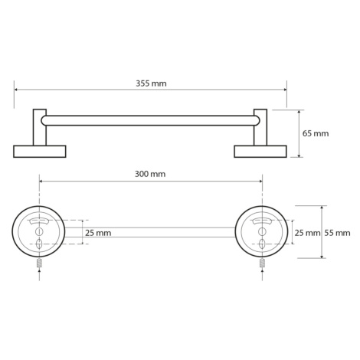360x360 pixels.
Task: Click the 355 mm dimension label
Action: [x=151, y=83]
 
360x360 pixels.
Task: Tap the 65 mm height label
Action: [x=316, y=133]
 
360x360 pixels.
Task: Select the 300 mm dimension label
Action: [x=150, y=174]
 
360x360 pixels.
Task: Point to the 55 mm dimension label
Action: [x=337, y=233]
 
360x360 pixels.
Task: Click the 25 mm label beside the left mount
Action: [x=98, y=233]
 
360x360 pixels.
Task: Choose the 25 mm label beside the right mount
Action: [x=307, y=233]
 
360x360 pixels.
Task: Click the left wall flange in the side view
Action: [x=40, y=152]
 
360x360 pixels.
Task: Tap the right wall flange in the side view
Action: [x=260, y=152]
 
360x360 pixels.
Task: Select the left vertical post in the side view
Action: [x=40, y=127]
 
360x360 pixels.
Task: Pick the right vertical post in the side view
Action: [x=260, y=127]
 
